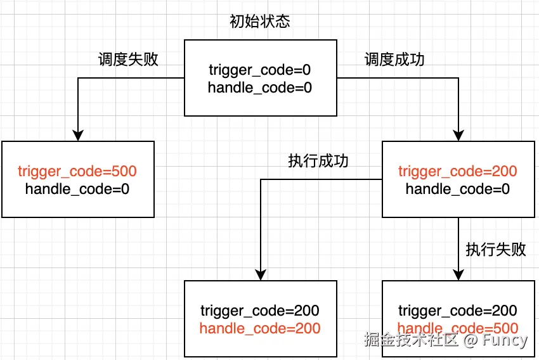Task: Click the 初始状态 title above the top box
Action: point(260,22)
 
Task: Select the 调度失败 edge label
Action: point(128,60)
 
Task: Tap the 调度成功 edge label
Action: point(394,60)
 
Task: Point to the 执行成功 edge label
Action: point(318,161)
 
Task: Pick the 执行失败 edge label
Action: point(496,249)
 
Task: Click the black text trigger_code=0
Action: point(260,70)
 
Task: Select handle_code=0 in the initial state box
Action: point(260,87)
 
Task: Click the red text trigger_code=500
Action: point(77,171)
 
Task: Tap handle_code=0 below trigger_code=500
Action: point(77,189)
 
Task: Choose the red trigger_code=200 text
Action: point(458,171)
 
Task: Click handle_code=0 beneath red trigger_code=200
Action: point(458,189)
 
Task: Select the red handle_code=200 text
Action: point(260,328)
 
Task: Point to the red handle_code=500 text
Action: point(458,328)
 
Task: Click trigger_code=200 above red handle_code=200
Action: point(260,311)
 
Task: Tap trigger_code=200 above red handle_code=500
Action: point(458,311)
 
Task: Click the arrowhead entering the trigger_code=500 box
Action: point(78,136)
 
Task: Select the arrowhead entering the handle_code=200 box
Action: point(261,275)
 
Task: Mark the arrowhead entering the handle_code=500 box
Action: point(458,275)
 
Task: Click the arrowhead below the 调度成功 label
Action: point(458,136)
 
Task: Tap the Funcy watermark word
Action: point(505,340)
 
